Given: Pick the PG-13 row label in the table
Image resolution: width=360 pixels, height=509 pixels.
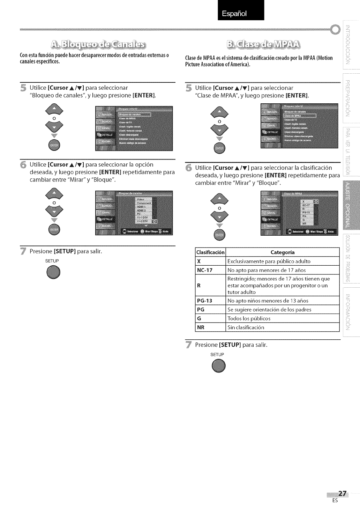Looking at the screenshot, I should click(205, 301).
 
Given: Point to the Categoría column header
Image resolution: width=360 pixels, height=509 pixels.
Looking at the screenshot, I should click(283, 252).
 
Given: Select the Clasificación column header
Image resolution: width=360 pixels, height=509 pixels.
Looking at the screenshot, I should click(211, 252).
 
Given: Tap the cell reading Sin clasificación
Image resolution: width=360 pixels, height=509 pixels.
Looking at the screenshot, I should click(246, 327).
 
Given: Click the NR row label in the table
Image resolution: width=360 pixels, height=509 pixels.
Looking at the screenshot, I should click(201, 327).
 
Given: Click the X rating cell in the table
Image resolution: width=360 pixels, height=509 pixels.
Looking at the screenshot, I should click(199, 261).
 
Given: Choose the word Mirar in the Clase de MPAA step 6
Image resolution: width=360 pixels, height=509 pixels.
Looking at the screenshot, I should click(246, 183).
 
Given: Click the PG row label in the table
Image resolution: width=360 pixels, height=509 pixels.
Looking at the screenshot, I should click(201, 310).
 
